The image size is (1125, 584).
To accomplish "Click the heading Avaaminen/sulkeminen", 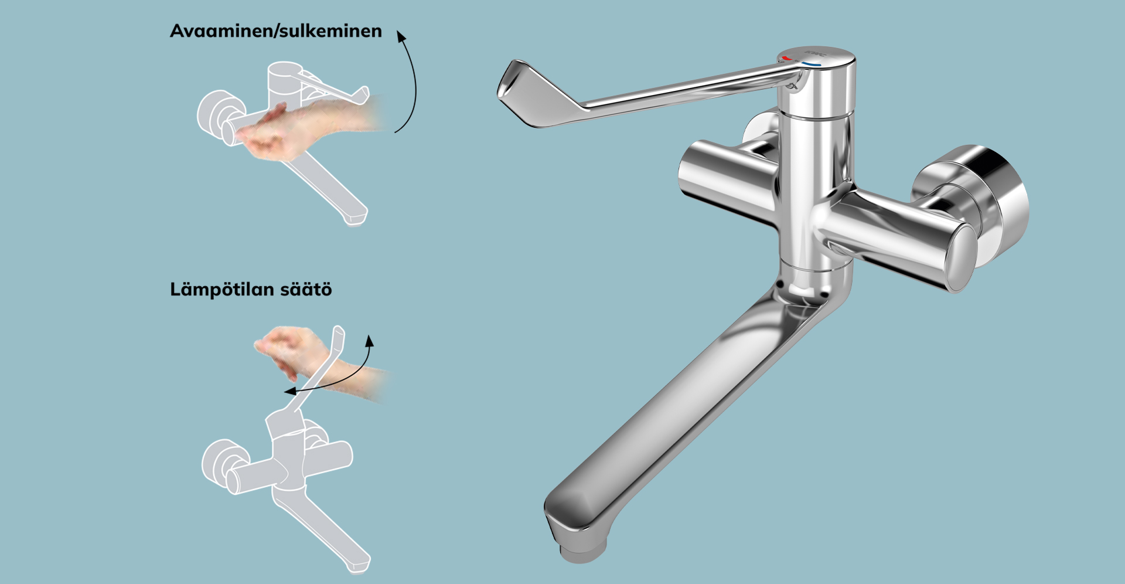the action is (x=276, y=31).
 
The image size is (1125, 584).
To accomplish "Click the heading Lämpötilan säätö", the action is (x=251, y=290).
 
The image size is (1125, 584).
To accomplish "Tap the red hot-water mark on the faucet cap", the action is (x=786, y=59).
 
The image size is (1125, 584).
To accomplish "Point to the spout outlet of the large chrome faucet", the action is (x=581, y=551).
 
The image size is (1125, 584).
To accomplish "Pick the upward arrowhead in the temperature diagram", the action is (x=370, y=340).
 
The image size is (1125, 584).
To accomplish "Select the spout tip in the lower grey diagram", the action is (x=360, y=564).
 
